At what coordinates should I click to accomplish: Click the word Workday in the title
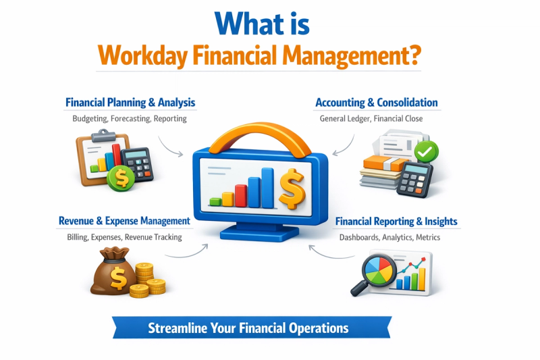142,55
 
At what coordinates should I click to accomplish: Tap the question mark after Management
414,54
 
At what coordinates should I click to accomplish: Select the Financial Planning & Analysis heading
130,102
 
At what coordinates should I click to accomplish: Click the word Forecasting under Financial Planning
130,118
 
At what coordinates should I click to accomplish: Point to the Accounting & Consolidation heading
377,102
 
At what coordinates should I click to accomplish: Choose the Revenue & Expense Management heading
124,221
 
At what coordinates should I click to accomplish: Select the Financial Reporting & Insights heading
396,221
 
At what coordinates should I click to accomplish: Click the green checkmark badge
426,151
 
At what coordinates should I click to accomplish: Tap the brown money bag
113,272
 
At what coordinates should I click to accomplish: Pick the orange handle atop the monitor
260,138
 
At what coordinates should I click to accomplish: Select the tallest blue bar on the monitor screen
267,188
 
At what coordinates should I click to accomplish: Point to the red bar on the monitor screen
241,196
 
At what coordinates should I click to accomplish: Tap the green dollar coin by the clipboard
121,178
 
